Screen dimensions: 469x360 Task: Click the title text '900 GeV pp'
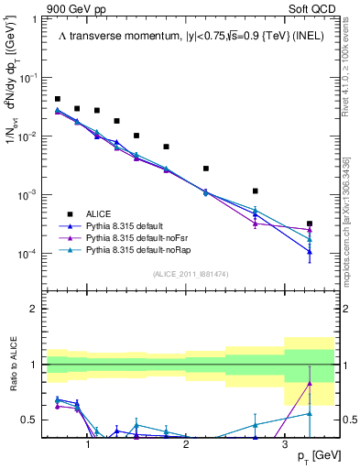point(75,8)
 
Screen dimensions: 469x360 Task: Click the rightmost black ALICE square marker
point(310,224)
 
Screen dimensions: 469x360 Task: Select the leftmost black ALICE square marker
point(57,99)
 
